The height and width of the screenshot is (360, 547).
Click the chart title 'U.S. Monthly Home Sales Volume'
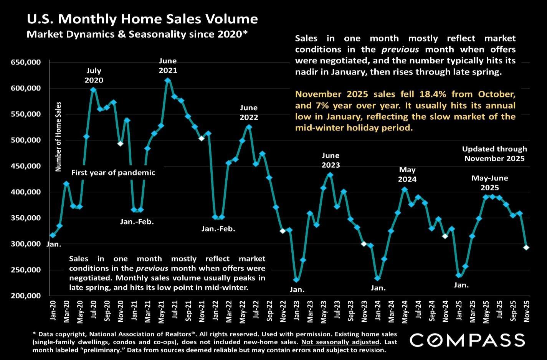[x=142, y=19]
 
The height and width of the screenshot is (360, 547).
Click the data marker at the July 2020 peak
[x=93, y=90]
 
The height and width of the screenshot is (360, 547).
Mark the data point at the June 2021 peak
[x=167, y=80]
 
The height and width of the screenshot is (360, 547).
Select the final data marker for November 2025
[x=526, y=248]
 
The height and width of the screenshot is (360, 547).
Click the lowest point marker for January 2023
[x=296, y=280]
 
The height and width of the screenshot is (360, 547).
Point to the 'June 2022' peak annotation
[x=249, y=112]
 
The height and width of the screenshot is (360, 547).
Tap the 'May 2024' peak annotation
[x=407, y=174]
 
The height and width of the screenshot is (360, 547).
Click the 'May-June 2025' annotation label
[x=490, y=183]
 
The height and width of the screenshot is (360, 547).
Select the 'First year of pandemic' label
[x=113, y=173]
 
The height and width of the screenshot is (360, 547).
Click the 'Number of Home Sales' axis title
[x=59, y=136]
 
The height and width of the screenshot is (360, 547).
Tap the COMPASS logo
[x=467, y=340]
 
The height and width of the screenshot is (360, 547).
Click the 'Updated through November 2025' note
[x=494, y=154]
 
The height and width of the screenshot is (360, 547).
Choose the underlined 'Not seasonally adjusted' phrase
[x=340, y=342]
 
